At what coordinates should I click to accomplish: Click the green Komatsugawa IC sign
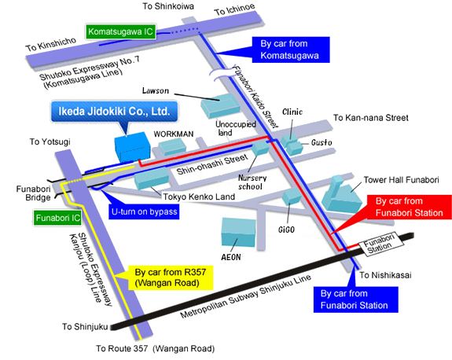tap(121, 31)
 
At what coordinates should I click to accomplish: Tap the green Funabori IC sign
tap(57, 218)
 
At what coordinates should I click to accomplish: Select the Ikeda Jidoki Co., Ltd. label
tap(114, 112)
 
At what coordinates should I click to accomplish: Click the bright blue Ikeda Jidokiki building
tap(133, 147)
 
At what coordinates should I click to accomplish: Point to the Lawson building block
tap(221, 105)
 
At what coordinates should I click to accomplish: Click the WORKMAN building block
tap(173, 146)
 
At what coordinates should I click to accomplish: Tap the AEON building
tap(238, 232)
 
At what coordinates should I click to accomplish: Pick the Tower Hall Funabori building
tap(341, 195)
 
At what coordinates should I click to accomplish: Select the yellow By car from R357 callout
tap(171, 277)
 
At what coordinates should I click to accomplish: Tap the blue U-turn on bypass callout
tap(144, 211)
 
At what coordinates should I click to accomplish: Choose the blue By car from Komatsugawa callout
tap(291, 50)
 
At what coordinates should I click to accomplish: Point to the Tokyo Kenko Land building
tap(152, 178)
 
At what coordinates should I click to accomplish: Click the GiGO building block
tap(292, 197)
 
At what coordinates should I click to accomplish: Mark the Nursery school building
tap(260, 148)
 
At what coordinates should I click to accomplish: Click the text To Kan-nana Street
tap(371, 118)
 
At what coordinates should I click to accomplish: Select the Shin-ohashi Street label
tap(212, 164)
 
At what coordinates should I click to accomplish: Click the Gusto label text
tap(322, 142)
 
